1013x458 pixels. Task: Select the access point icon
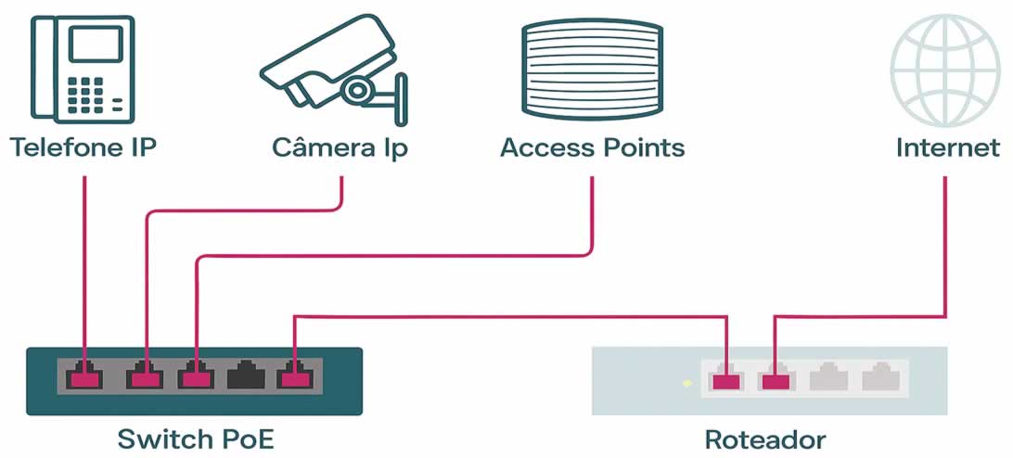coord(594,67)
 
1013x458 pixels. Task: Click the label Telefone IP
coord(83,147)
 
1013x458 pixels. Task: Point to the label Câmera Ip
coord(340,148)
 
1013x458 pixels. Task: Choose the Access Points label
coord(593,147)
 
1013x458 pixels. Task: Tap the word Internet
coord(948,147)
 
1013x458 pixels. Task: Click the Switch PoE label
coord(196,438)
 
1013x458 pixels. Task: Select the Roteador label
coord(765,438)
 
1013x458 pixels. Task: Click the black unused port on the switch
coord(246,376)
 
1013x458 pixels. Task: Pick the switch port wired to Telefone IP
coord(85,377)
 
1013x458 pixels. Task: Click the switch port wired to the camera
coord(145,377)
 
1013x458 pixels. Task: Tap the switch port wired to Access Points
coord(196,377)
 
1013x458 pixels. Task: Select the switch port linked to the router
coord(295,377)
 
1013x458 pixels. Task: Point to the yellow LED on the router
coord(686,382)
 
